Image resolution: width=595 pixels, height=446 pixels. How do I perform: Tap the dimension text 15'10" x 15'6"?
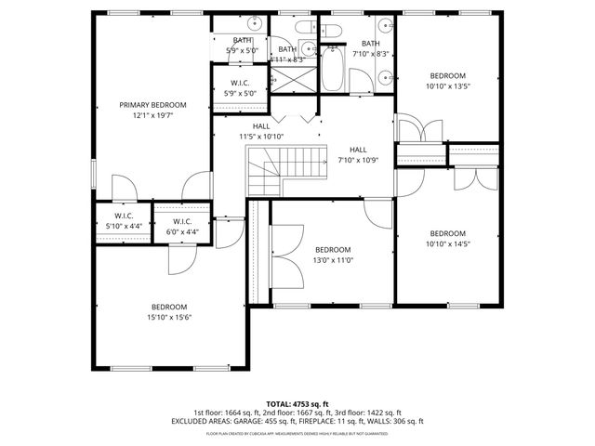tap(169, 316)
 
